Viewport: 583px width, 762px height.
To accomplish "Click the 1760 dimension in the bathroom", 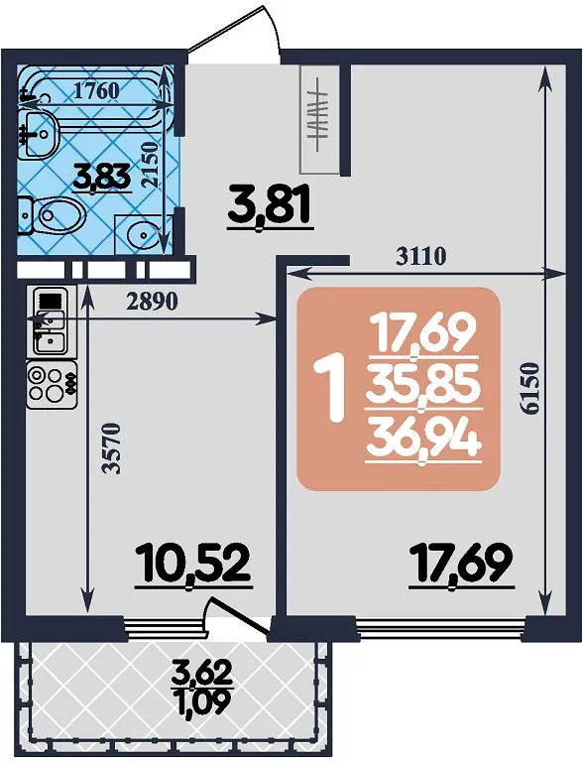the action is click(96, 90).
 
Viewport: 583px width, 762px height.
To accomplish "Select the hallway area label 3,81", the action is click(269, 207).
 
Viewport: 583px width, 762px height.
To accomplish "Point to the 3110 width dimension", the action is click(420, 256).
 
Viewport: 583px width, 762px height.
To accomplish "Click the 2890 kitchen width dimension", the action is click(152, 303).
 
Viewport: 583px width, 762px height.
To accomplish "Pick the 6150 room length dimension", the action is click(532, 387).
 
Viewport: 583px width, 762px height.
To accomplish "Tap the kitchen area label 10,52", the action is click(193, 564).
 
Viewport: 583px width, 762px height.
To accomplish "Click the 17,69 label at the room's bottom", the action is click(461, 564).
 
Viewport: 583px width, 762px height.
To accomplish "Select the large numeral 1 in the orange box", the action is click(330, 387).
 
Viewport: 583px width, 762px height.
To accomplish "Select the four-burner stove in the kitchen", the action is click(52, 385).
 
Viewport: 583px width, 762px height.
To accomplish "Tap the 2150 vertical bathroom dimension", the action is click(151, 165).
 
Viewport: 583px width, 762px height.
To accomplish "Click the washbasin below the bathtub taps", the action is click(41, 132).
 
